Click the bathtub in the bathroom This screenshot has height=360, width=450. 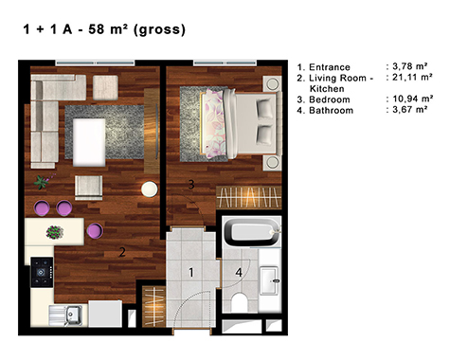252,232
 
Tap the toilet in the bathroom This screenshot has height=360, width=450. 240,302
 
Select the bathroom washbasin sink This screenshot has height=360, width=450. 269,280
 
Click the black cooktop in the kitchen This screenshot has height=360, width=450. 42,272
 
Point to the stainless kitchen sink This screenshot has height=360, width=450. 73,315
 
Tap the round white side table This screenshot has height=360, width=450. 150,189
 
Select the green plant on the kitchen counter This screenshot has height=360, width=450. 55,232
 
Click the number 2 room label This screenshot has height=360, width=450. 122,252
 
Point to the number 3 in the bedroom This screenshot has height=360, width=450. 191,184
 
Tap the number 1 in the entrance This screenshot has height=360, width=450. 191,272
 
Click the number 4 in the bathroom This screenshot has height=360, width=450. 239,272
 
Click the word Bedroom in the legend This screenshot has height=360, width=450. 330,99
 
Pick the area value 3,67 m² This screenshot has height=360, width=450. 410,110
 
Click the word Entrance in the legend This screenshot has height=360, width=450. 330,67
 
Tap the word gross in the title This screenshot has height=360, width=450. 159,30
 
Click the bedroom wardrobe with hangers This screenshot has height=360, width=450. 249,197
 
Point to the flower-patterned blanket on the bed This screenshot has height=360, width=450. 213,124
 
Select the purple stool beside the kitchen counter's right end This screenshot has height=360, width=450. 95,230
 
